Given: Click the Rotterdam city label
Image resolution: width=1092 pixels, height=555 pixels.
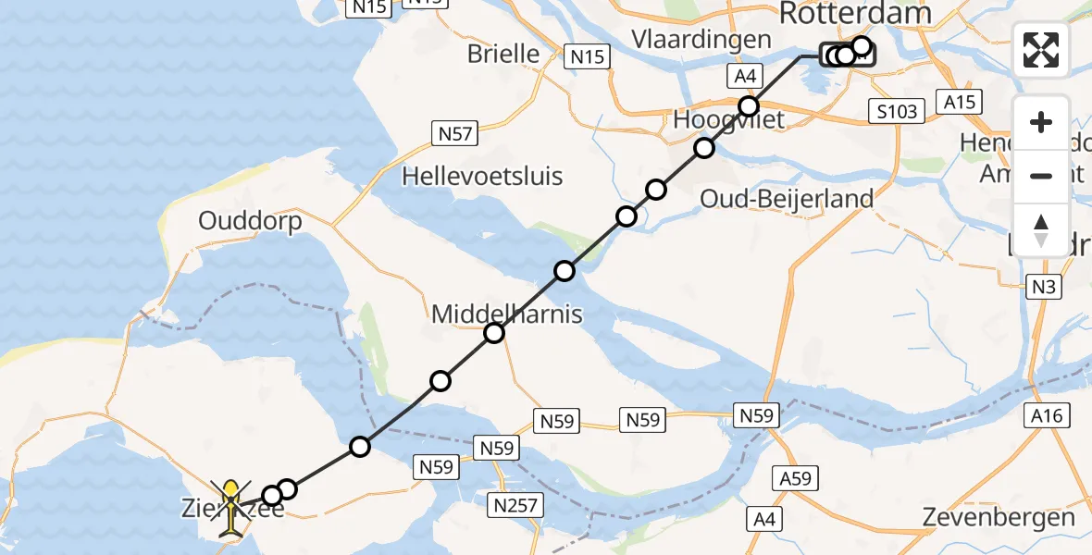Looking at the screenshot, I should (x=854, y=13).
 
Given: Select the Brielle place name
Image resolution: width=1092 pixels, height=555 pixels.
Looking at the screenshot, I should (x=503, y=53).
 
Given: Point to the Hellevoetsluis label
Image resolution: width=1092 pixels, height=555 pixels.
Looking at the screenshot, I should (x=482, y=176).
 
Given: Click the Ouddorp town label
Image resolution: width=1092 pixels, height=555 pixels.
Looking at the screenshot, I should (x=250, y=222).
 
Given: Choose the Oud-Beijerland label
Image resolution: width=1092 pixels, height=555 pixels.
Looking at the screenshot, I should (x=787, y=199).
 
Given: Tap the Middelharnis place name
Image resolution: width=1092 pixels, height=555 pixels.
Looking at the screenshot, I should (x=507, y=314).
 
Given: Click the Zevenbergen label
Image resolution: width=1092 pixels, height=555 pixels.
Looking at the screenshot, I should (x=999, y=518).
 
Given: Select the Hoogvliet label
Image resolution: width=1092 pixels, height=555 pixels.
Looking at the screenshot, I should (x=729, y=119).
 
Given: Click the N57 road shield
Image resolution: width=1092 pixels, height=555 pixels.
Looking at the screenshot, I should (x=454, y=135).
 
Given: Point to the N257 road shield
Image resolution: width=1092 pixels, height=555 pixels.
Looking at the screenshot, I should (x=519, y=505).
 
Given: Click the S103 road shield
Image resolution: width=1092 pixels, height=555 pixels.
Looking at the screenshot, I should (x=899, y=112).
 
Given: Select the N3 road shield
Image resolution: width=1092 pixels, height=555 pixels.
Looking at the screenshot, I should (x=1043, y=288).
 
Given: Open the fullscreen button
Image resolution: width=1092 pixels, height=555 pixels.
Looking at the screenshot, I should (x=1041, y=50).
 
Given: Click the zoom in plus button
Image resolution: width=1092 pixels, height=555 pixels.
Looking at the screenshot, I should (x=1041, y=122).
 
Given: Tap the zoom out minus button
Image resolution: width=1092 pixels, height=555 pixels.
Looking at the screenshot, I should (x=1041, y=176).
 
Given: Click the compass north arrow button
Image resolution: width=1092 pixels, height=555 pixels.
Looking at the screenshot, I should (x=1041, y=229).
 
